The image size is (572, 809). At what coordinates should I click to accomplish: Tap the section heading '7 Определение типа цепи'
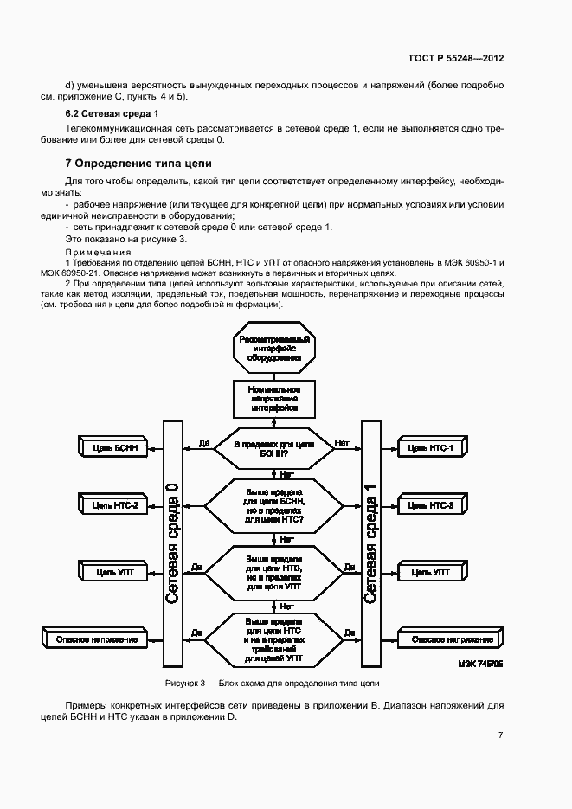138,163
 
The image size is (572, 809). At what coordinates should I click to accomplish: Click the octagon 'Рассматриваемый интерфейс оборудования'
273,348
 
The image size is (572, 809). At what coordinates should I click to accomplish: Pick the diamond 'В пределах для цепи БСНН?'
273,447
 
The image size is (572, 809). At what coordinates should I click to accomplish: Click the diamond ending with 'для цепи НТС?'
273,505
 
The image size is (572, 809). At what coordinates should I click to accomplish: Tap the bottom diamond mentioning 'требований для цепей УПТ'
273,639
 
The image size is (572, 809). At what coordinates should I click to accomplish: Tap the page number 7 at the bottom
500,735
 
